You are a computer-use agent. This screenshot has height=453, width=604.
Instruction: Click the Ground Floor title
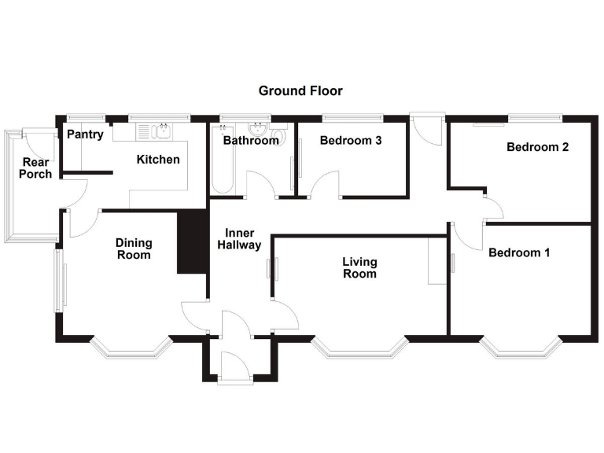tap(300, 91)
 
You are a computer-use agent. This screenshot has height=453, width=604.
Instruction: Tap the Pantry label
tap(84, 134)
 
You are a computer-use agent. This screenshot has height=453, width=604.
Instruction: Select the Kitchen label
tap(158, 160)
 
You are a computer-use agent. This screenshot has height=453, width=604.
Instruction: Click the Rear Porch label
tap(36, 168)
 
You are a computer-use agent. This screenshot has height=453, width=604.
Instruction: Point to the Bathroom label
tap(251, 142)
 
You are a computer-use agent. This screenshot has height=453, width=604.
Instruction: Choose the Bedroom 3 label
tap(351, 142)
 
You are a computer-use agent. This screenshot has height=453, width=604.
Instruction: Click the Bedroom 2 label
tap(537, 147)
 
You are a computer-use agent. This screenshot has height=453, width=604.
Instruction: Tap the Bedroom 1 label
tap(519, 252)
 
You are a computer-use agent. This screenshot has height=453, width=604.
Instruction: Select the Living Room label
tap(359, 267)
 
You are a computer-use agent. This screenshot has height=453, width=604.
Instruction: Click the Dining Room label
tap(133, 249)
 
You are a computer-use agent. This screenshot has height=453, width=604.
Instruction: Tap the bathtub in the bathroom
tap(221, 161)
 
